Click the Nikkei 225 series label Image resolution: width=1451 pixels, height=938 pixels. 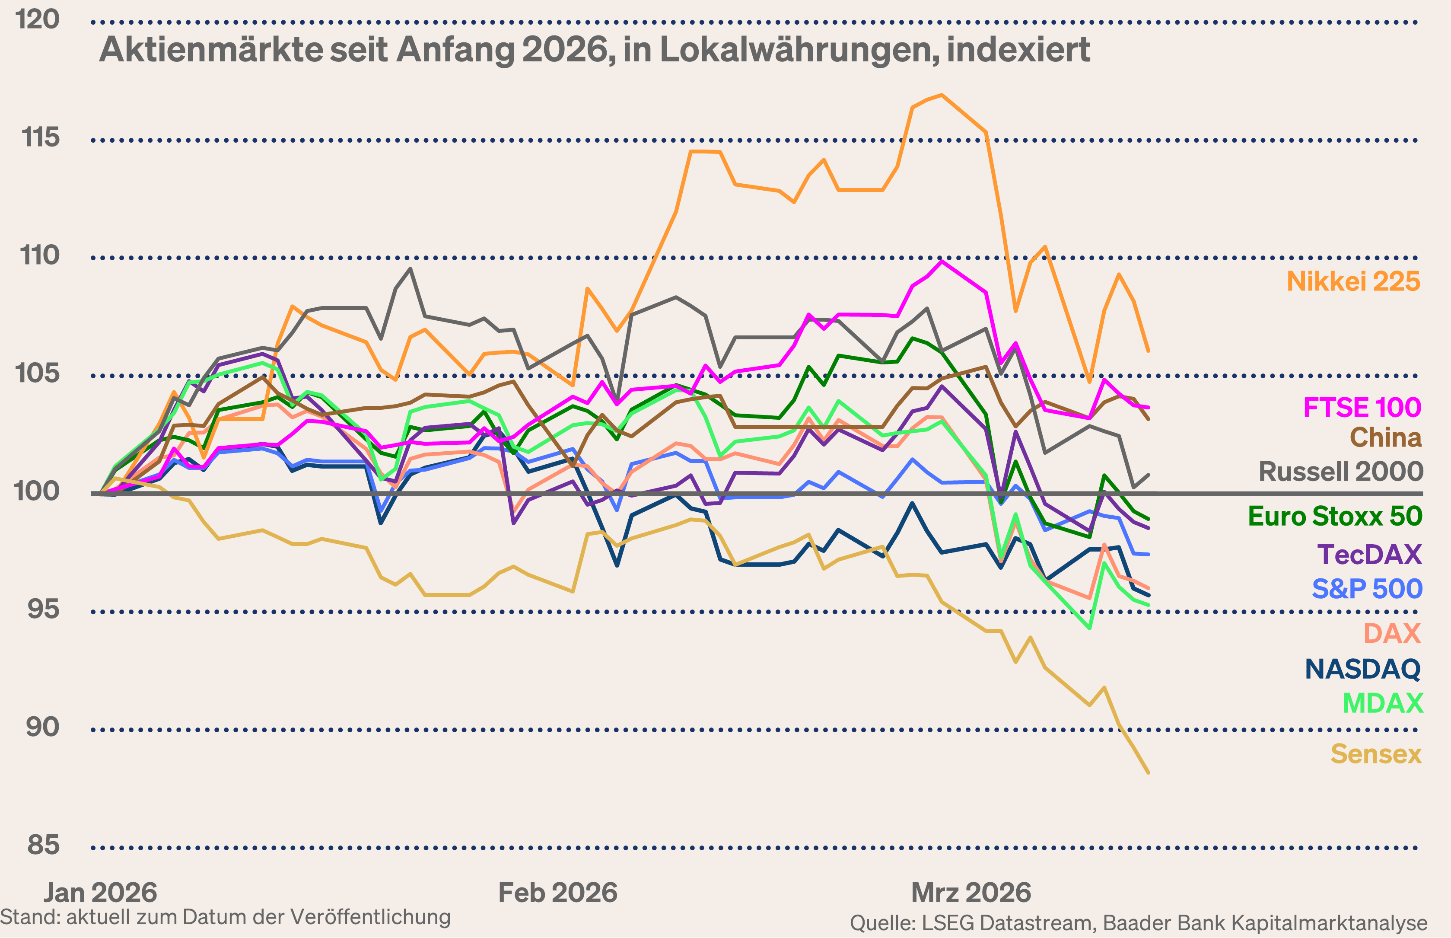coord(1353,281)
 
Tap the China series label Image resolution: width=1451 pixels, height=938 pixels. coord(1385,437)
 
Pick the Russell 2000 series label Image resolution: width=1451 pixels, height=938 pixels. coord(1340,472)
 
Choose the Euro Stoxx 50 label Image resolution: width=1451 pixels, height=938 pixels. coord(1335,517)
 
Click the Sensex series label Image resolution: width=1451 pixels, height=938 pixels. coord(1375,754)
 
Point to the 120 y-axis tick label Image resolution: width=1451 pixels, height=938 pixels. coord(38,19)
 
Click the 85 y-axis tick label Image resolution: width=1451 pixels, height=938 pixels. coord(43,845)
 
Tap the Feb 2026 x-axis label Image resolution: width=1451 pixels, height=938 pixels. coord(557,893)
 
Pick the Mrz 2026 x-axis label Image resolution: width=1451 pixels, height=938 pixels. coord(971,893)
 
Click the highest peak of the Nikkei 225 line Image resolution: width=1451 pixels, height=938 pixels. coord(942,95)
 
